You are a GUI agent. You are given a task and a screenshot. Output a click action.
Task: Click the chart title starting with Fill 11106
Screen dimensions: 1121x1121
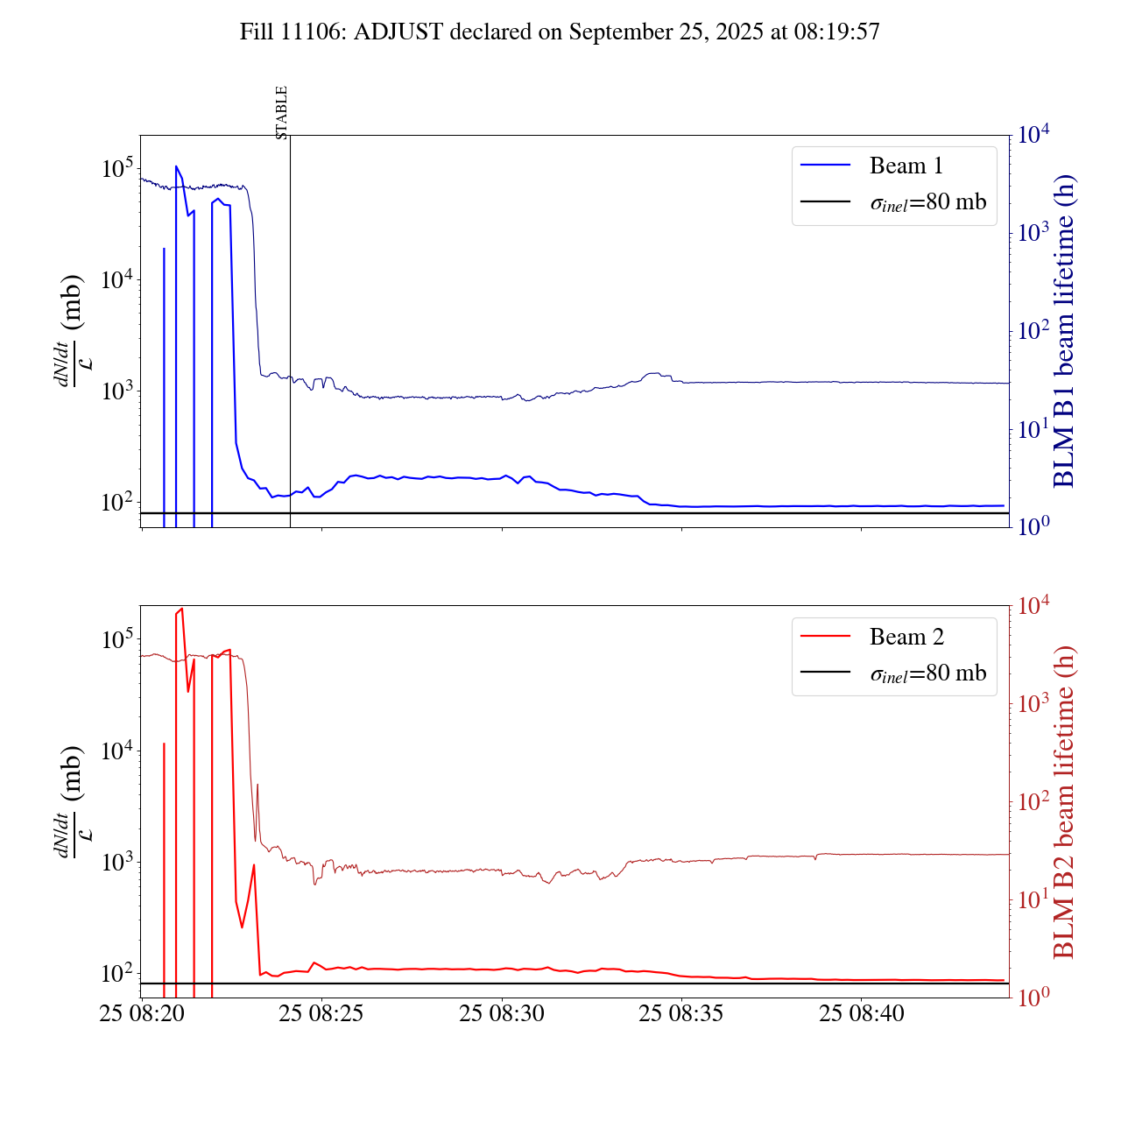point(560,32)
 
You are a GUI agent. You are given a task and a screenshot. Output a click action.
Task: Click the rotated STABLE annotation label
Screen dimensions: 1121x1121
point(281,112)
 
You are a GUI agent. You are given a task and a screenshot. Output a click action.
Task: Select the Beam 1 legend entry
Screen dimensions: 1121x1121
point(906,166)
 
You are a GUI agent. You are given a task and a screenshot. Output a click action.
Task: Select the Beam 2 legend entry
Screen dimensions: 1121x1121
point(906,637)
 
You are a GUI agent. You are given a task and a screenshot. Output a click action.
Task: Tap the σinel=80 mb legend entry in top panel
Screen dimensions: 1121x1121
point(927,202)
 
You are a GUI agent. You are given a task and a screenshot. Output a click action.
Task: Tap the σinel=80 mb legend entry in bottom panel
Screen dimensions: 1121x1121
point(927,673)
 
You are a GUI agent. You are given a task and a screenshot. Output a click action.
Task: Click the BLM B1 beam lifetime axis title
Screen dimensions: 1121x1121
point(1063,331)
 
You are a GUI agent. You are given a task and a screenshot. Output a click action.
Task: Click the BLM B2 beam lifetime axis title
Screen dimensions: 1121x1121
point(1063,802)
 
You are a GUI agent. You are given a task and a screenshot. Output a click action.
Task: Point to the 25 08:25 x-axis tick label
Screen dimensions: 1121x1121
point(321,1014)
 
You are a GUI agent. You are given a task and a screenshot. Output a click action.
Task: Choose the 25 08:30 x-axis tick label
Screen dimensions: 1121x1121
point(501,1014)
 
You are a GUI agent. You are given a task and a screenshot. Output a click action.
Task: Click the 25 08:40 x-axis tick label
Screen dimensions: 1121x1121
point(861,1014)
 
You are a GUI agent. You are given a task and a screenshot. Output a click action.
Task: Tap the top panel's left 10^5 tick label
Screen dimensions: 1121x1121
point(116,167)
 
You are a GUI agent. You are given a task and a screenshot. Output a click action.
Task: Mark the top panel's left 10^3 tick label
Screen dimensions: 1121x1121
point(116,391)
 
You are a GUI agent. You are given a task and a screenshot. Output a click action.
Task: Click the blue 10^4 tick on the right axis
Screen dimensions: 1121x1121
point(1034,135)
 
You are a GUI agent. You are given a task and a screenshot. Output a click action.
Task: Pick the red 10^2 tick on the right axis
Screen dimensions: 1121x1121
point(1034,801)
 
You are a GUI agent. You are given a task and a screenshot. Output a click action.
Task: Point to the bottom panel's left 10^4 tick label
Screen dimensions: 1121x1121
point(116,751)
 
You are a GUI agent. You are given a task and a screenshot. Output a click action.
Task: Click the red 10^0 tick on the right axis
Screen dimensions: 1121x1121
point(1034,997)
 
